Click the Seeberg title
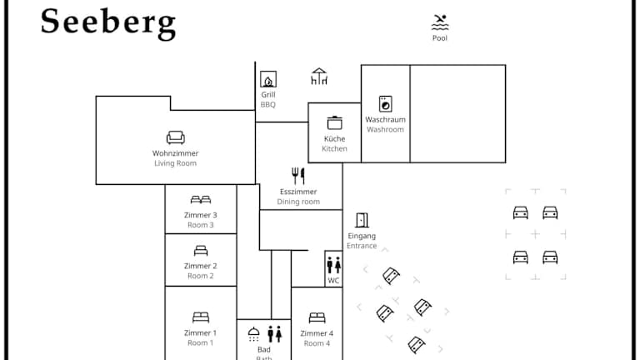click(108, 22)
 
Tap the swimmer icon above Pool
click(440, 22)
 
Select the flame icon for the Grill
click(268, 80)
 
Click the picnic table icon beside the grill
click(319, 77)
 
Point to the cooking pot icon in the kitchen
click(335, 122)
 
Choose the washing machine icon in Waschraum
click(385, 104)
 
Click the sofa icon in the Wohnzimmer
click(176, 137)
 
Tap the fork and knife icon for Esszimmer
click(298, 176)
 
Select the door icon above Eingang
click(362, 221)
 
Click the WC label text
click(333, 281)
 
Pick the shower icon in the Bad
click(254, 333)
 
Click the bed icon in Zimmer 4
click(317, 317)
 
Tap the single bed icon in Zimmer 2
click(201, 250)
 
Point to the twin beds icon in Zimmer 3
click(201, 200)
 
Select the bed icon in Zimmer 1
click(201, 317)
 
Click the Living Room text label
click(176, 163)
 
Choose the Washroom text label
click(385, 130)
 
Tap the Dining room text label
click(298, 202)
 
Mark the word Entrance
click(362, 246)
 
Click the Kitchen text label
click(335, 148)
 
